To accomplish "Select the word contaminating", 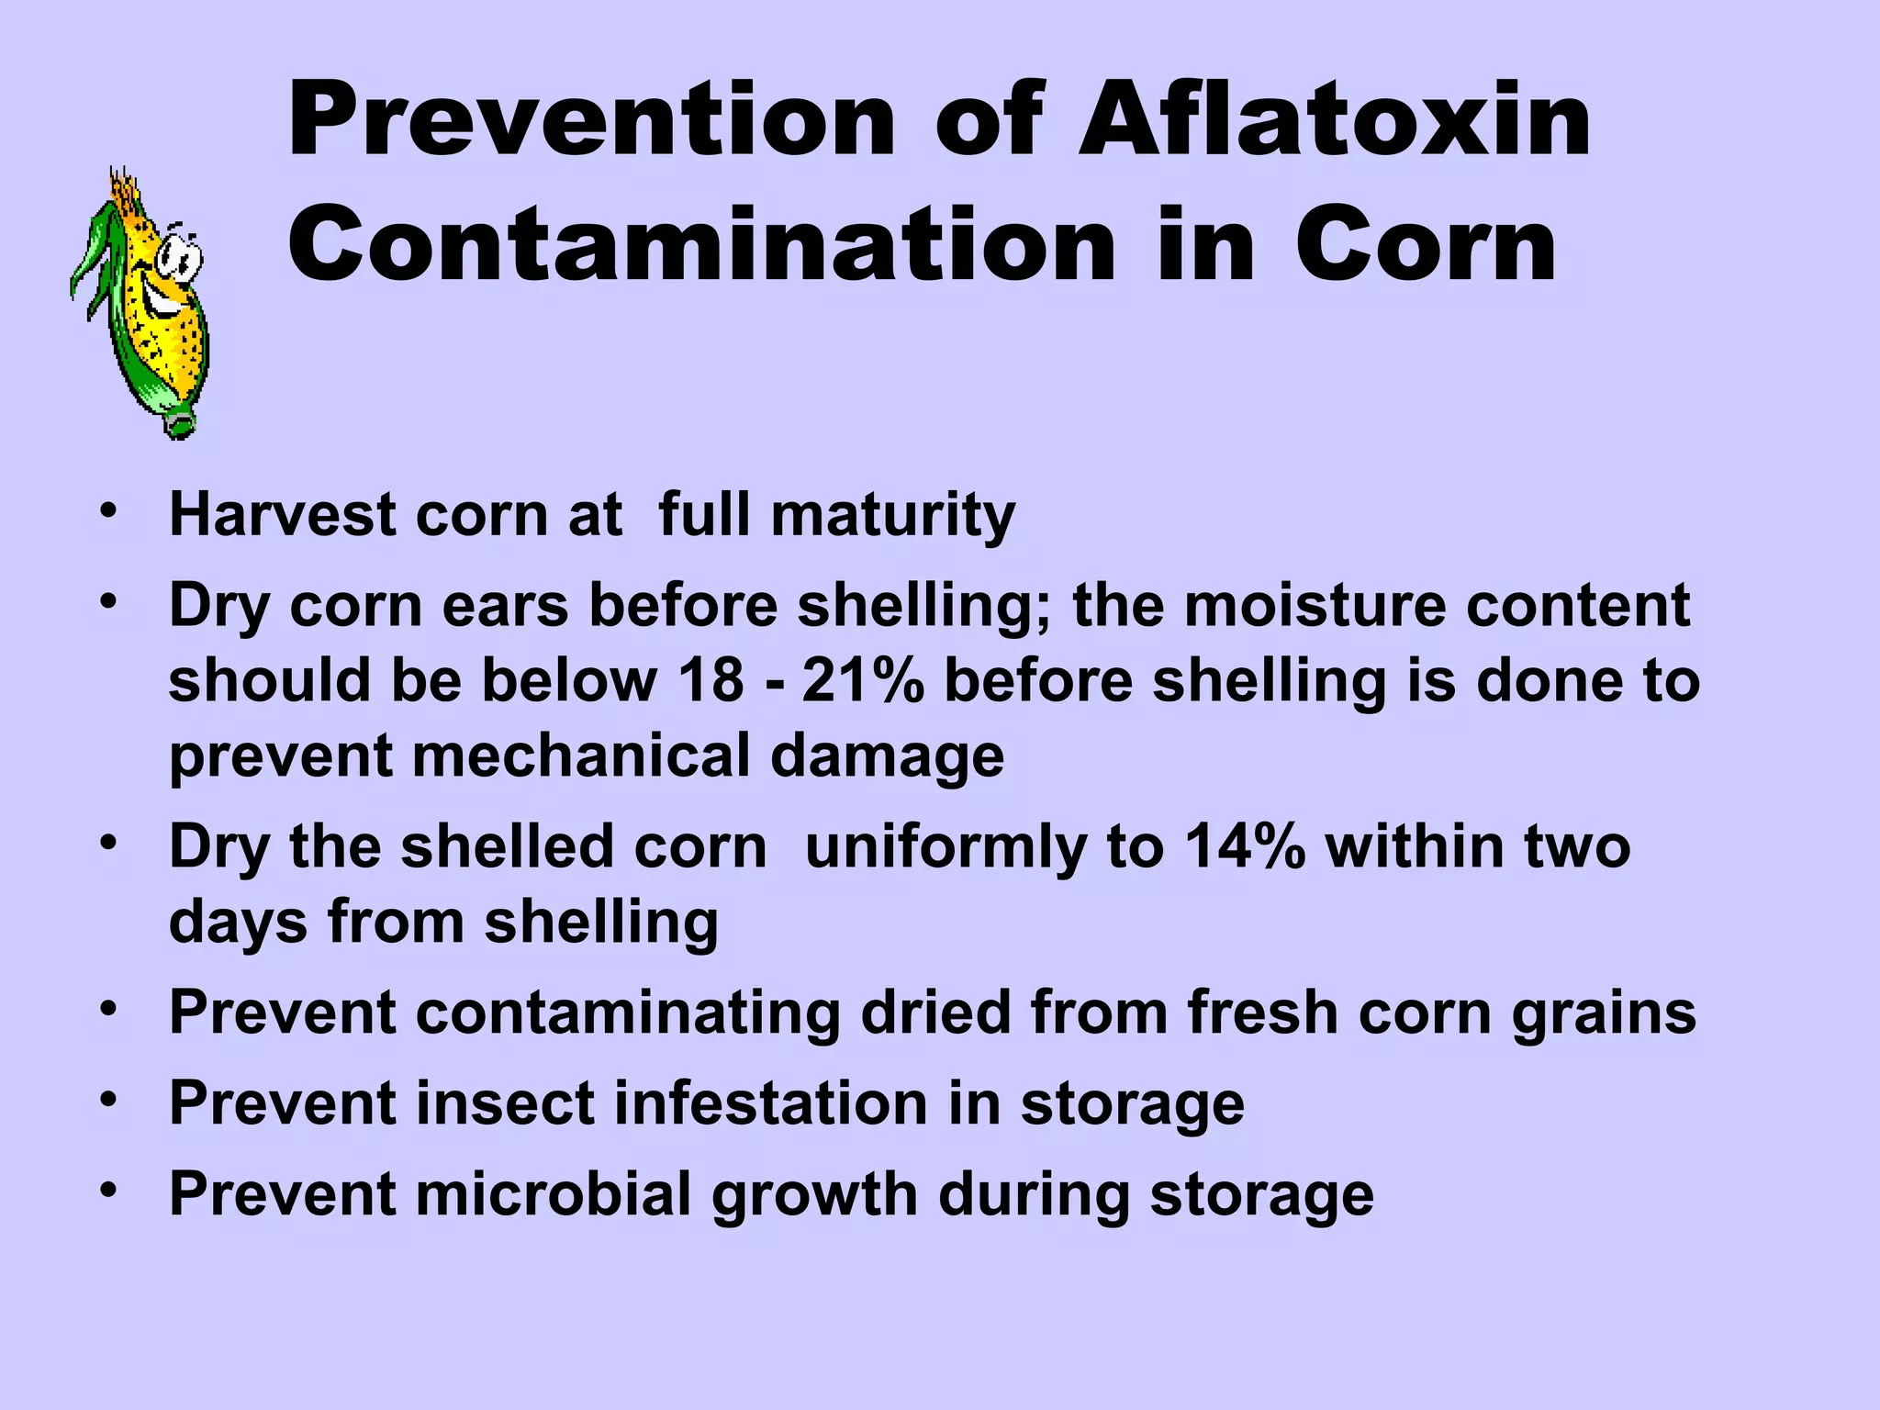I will pyautogui.click(x=628, y=1014).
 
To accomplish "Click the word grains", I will pyautogui.click(x=1604, y=1014).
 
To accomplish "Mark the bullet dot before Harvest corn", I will pyautogui.click(x=110, y=510).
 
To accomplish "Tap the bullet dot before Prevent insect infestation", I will pyautogui.click(x=110, y=1099).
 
